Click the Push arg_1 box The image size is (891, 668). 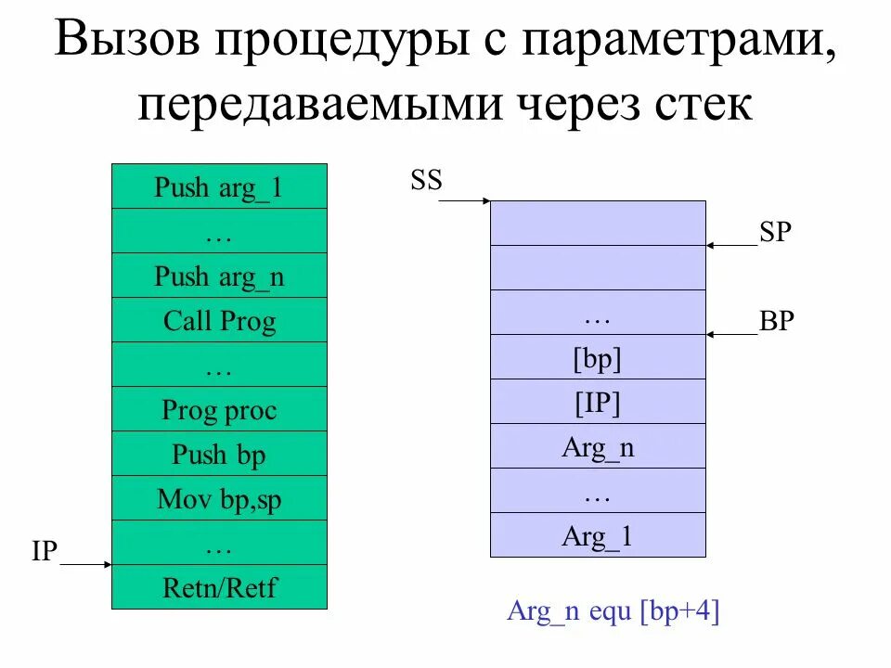point(219,186)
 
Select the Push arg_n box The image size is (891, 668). point(219,276)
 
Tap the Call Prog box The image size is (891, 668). point(219,320)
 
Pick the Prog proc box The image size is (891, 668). point(219,409)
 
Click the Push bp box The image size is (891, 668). point(219,454)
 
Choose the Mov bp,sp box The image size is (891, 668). point(219,499)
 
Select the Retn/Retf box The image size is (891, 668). point(219,587)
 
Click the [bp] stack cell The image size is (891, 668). point(597,357)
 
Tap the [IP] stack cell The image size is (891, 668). point(597,402)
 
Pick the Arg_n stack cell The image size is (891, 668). point(597,446)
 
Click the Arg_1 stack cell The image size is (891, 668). point(597,535)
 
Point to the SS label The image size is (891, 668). point(426,181)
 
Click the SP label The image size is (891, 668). point(775,233)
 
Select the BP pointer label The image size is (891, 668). point(776,322)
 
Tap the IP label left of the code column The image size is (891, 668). point(45,552)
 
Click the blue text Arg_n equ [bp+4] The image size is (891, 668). point(613,611)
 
